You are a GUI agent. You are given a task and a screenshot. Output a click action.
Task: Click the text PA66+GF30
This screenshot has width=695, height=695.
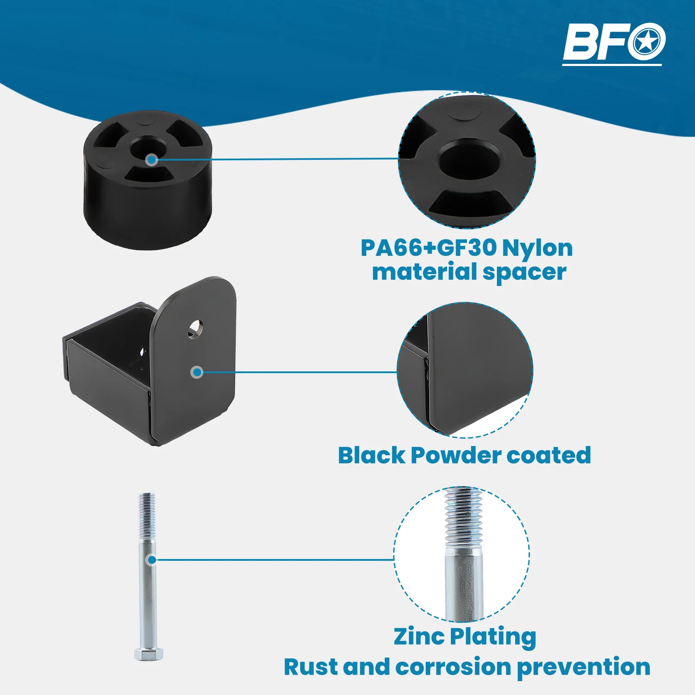[x=428, y=248]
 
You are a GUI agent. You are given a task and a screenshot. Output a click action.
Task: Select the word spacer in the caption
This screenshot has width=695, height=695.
[x=524, y=273]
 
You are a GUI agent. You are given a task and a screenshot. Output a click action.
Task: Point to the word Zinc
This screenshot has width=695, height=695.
[x=419, y=637]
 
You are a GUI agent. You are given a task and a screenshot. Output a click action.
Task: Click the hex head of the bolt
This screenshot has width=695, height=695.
[x=149, y=654]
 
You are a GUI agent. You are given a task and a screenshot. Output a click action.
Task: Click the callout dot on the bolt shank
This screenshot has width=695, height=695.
[x=152, y=560]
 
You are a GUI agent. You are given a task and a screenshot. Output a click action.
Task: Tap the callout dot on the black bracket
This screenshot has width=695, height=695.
[x=197, y=372]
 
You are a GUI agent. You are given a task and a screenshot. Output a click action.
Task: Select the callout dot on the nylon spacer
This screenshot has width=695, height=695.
[x=152, y=160]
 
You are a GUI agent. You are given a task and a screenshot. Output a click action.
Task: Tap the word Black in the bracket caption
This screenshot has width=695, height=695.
[x=371, y=456]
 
